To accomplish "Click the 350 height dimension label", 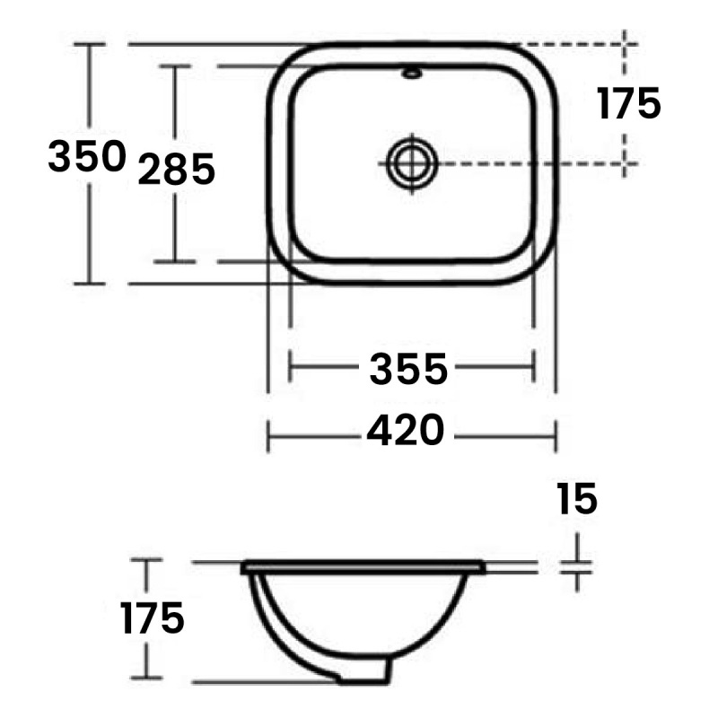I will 86,158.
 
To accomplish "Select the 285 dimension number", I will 176,169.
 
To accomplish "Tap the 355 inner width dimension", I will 408,368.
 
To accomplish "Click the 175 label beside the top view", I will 629,104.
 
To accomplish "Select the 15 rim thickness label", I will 576,499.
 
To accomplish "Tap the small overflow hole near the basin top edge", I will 413,73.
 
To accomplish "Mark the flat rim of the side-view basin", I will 363,567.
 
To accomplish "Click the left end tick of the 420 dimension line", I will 269,437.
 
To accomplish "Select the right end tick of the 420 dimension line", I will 557,437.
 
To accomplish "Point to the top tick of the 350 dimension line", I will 89,43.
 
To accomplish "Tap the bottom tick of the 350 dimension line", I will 89,284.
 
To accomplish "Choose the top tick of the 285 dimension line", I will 175,66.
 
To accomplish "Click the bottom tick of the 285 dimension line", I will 175,261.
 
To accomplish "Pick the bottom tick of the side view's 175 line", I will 146,679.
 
